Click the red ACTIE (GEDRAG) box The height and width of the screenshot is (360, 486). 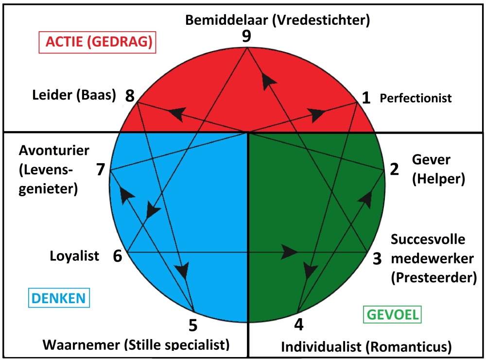pyautogui.click(x=96, y=43)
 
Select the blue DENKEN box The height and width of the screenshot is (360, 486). pyautogui.click(x=60, y=298)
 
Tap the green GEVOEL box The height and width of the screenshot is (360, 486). pyautogui.click(x=393, y=314)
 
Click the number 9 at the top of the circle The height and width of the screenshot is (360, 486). pyautogui.click(x=246, y=37)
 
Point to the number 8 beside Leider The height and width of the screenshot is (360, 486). pyautogui.click(x=130, y=96)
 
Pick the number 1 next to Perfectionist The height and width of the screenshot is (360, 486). pyautogui.click(x=366, y=98)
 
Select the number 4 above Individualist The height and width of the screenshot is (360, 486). pyautogui.click(x=299, y=324)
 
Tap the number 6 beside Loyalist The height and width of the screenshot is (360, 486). pyautogui.click(x=118, y=256)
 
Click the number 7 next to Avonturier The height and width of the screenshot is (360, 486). pyautogui.click(x=101, y=170)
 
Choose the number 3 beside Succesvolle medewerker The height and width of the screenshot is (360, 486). pyautogui.click(x=377, y=259)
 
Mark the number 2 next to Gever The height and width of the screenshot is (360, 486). pyautogui.click(x=394, y=169)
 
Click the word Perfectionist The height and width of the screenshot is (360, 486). pyautogui.click(x=416, y=98)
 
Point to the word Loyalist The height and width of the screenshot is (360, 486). pyautogui.click(x=74, y=256)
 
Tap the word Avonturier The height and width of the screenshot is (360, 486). pyautogui.click(x=54, y=150)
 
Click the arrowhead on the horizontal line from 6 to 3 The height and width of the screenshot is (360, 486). pyautogui.click(x=291, y=252)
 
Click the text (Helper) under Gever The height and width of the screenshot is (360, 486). pyautogui.click(x=438, y=179)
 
